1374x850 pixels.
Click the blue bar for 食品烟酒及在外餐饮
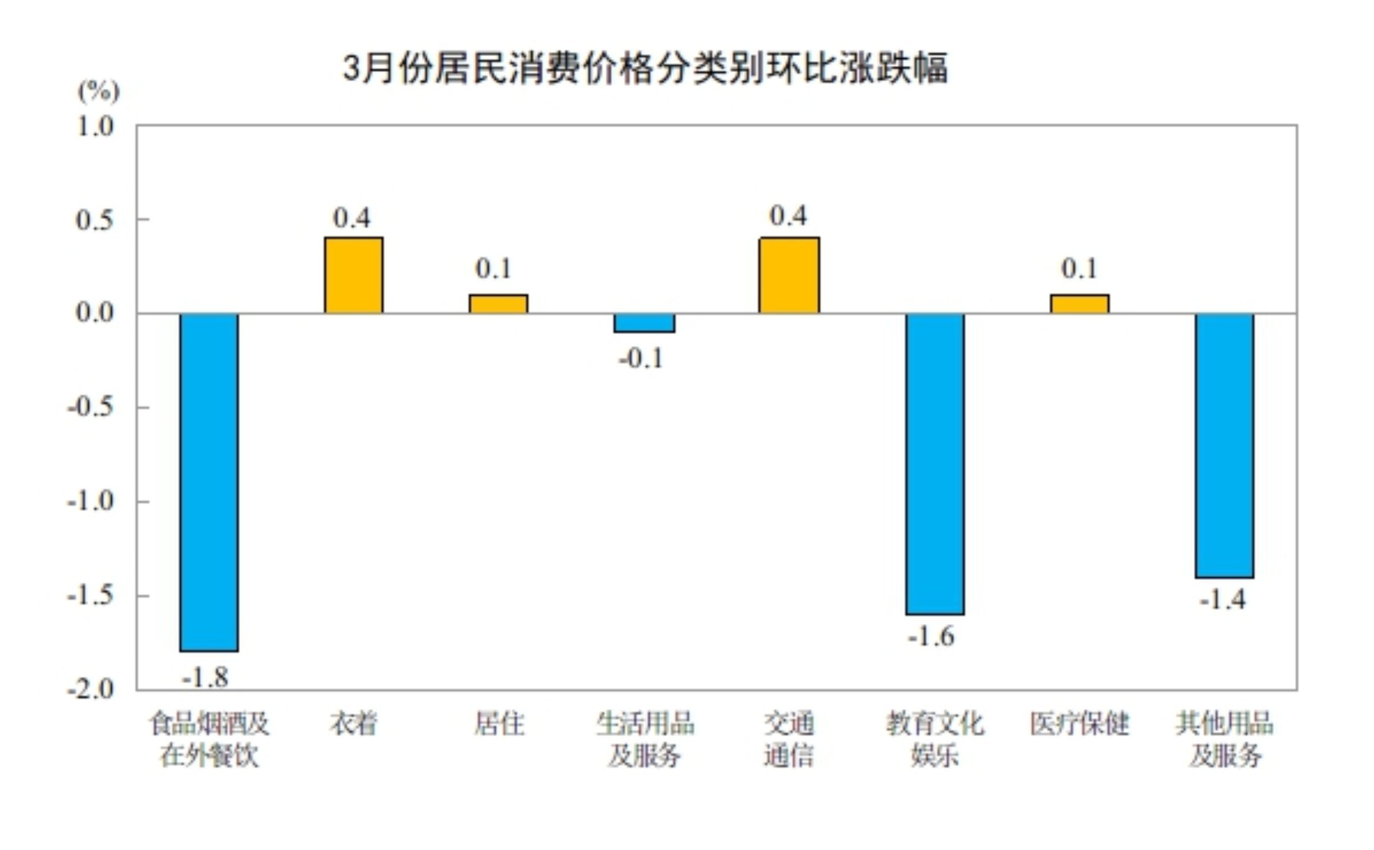209,482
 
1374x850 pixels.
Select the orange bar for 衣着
353,275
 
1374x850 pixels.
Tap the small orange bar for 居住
498,304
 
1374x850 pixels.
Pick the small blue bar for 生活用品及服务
644,323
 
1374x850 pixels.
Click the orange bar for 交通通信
789,275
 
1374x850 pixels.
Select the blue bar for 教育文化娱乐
934,464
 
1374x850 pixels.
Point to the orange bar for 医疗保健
1079,304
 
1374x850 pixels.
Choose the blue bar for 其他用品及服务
1224,445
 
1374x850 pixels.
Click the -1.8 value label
205,677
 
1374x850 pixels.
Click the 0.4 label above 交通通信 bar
788,216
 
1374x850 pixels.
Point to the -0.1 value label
641,359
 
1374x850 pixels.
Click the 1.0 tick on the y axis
94,127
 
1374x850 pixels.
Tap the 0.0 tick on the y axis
94,312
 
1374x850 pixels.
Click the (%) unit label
98,91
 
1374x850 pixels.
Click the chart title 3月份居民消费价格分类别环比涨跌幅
645,68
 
